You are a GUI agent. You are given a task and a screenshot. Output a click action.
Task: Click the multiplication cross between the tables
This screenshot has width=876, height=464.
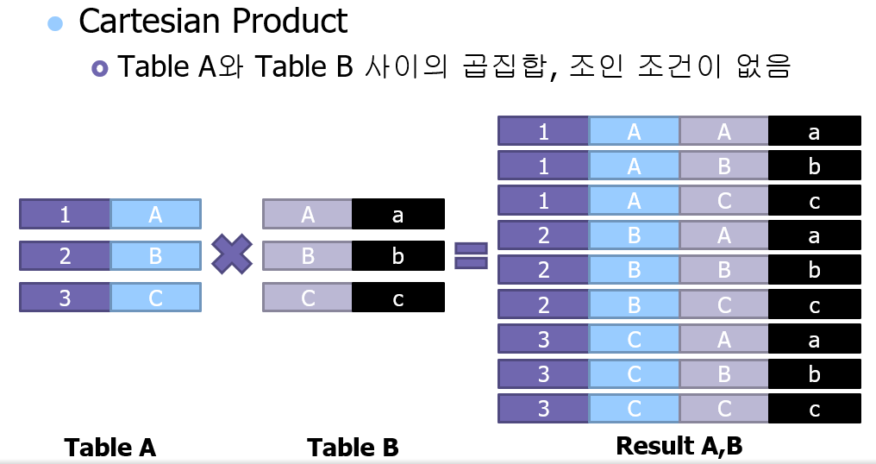tap(232, 255)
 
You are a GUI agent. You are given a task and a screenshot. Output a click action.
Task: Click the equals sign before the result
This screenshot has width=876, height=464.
tap(471, 255)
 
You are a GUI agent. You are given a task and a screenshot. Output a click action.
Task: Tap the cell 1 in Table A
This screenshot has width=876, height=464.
tap(65, 214)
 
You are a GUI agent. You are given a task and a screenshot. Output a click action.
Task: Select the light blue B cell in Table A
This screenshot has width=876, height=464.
tap(155, 256)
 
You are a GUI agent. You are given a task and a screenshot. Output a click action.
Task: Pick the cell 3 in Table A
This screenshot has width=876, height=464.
tap(65, 298)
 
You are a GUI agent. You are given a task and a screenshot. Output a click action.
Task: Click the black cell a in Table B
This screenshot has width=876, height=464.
tap(397, 214)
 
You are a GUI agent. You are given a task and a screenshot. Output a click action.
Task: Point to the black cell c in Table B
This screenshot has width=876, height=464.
tap(397, 298)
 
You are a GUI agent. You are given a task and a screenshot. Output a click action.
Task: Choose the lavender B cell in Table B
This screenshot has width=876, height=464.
tap(308, 256)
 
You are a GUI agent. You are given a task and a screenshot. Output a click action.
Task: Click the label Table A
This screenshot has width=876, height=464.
tap(110, 448)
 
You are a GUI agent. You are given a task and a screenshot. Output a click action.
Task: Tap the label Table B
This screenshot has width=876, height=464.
tap(353, 448)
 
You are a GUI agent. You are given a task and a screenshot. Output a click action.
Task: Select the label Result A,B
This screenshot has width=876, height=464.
tap(679, 446)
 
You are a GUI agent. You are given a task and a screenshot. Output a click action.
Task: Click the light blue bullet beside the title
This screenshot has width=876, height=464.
tap(55, 23)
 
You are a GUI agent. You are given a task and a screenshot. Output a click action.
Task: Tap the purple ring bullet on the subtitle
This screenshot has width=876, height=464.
tap(100, 68)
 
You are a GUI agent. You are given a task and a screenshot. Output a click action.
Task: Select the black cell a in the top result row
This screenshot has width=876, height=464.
tap(814, 131)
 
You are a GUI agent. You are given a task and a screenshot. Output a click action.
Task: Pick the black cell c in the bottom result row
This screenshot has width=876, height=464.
tap(814, 409)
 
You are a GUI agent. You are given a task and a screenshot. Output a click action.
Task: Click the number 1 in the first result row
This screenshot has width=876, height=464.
tap(543, 131)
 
